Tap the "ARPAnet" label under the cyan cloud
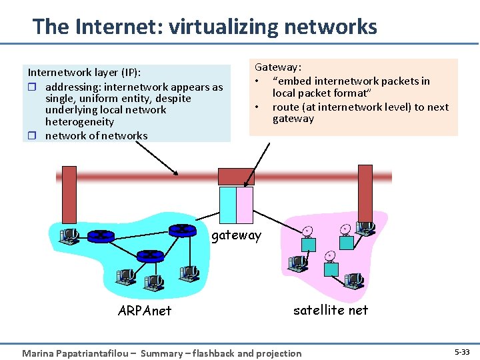coord(144,311)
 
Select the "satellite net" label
coord(331,309)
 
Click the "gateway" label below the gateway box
coord(237,235)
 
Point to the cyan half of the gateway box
coord(227,205)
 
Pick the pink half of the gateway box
coord(244,205)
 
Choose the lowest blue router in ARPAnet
coord(150,255)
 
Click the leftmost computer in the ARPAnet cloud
coord(68,235)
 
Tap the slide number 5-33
coord(461,351)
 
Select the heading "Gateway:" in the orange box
coord(278,67)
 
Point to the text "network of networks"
coord(97,135)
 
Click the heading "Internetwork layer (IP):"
coord(84,73)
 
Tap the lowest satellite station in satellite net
coord(330,265)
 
